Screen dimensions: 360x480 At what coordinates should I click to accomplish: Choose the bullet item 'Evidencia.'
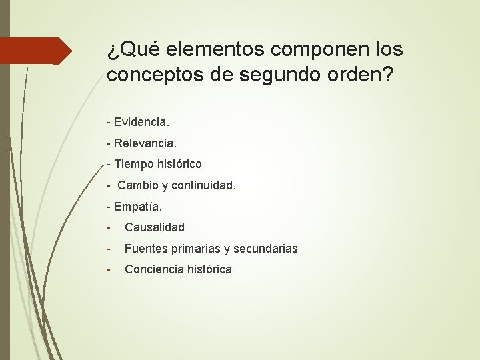click(141, 122)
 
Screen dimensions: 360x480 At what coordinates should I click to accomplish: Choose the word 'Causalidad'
click(155, 227)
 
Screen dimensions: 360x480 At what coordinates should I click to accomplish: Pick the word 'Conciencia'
click(152, 269)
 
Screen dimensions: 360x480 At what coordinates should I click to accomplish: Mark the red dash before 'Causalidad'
click(110, 227)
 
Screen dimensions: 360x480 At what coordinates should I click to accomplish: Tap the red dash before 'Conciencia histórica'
click(110, 269)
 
